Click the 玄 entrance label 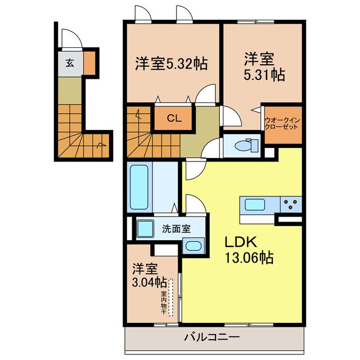pyautogui.click(x=70, y=63)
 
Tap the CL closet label pyautogui.click(x=174, y=119)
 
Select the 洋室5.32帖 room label pyautogui.click(x=171, y=64)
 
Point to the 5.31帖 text pyautogui.click(x=264, y=75)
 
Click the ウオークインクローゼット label pyautogui.click(x=282, y=123)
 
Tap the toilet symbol pyautogui.click(x=246, y=145)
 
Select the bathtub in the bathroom pyautogui.click(x=139, y=187)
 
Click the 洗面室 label pyautogui.click(x=176, y=229)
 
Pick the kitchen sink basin pyautogui.click(x=255, y=204)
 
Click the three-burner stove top pyautogui.click(x=290, y=204)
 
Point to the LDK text pyautogui.click(x=241, y=242)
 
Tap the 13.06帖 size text pyautogui.click(x=249, y=258)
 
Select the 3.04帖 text pyautogui.click(x=149, y=282)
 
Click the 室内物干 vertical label pyautogui.click(x=164, y=303)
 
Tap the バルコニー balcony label pyautogui.click(x=212, y=337)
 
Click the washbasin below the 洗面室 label pyautogui.click(x=193, y=246)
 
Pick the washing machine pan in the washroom pyautogui.click(x=145, y=228)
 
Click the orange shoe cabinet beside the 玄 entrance pyautogui.click(x=89, y=63)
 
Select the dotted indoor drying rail pyautogui.click(x=171, y=298)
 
